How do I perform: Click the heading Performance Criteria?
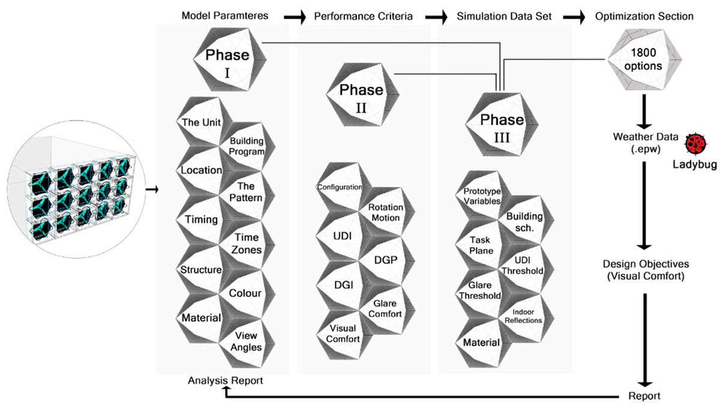click(363, 16)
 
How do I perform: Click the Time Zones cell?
click(247, 244)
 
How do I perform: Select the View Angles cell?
click(247, 341)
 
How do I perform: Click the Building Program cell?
click(247, 146)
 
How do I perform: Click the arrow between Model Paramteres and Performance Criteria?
click(295, 17)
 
